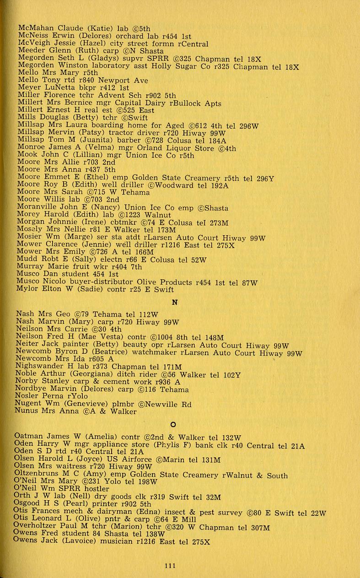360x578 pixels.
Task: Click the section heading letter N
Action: pos(174,303)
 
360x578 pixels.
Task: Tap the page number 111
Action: pos(170,566)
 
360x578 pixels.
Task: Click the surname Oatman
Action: pos(30,437)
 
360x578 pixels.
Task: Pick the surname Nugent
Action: pos(29,404)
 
